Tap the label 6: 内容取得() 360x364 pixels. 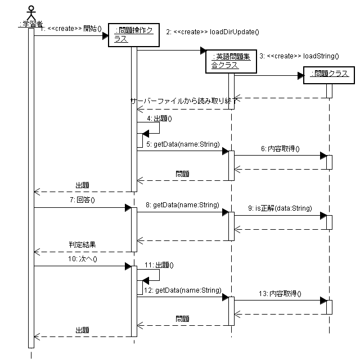[281, 149]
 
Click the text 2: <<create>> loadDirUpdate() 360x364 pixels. [213, 32]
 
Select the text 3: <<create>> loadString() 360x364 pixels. [299, 56]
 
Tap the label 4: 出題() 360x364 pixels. [159, 118]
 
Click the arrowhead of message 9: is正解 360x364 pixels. [323, 215]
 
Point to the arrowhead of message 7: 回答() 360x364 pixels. [128, 208]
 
